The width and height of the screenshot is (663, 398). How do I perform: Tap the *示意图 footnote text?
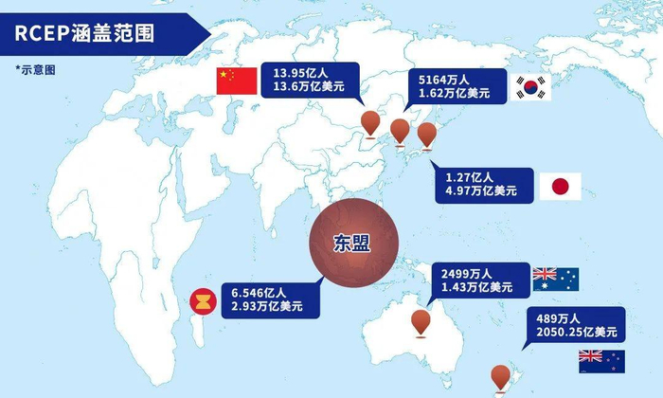click(37, 69)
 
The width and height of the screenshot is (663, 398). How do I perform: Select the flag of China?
click(237, 81)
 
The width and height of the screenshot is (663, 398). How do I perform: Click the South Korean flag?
click(531, 88)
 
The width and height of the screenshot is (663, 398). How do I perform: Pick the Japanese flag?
click(560, 186)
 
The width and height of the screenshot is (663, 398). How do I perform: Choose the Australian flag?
click(556, 279)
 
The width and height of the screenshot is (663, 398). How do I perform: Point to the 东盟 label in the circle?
click(352, 243)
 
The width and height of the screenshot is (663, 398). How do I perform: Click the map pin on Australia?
click(421, 323)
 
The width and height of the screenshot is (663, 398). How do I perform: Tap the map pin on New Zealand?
click(499, 377)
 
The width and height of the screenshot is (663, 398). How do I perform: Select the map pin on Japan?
click(427, 136)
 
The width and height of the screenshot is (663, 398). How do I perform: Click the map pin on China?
click(370, 122)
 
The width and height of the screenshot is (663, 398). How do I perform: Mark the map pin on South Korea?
click(401, 132)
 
